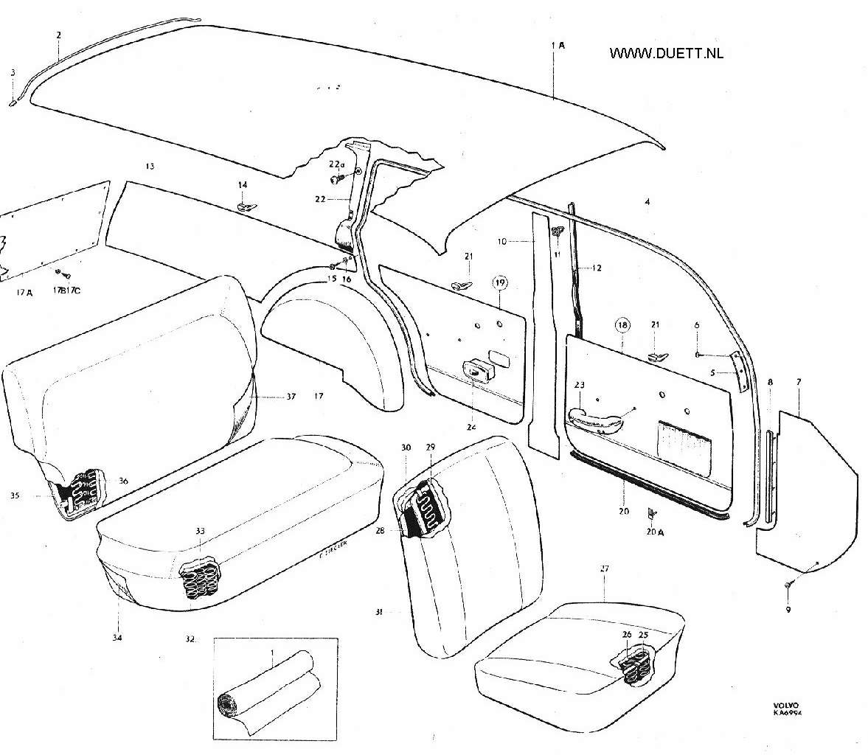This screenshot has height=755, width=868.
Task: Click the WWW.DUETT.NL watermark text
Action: tap(666, 53)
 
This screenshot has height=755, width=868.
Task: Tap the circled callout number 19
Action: tap(500, 283)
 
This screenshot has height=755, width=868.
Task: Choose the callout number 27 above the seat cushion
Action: tap(604, 568)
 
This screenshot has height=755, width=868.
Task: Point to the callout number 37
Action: tap(291, 397)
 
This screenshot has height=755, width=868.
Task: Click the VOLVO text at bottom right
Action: tap(785, 705)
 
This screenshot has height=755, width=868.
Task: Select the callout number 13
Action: tap(150, 167)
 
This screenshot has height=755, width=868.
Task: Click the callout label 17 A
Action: tap(24, 293)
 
